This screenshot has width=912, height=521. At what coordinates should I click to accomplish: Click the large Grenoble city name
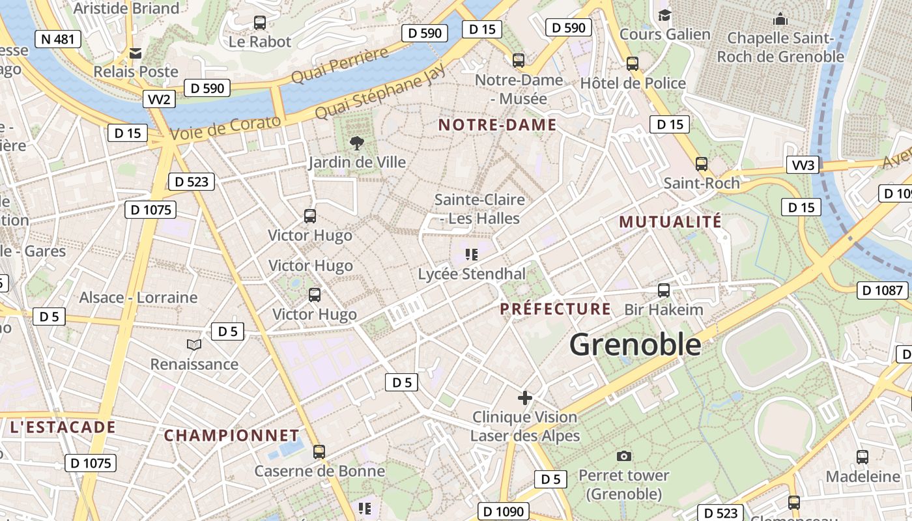[635, 345]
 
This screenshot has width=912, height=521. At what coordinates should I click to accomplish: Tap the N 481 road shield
[57, 39]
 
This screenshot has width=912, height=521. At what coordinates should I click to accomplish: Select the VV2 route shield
[160, 99]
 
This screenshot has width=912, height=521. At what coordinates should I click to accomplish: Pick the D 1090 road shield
[503, 512]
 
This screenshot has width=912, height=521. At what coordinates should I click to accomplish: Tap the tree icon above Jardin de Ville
[356, 143]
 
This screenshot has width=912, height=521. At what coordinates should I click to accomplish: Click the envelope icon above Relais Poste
[135, 53]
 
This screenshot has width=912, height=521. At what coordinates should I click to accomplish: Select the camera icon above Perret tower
[623, 456]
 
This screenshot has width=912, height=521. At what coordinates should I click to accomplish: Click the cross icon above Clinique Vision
[525, 397]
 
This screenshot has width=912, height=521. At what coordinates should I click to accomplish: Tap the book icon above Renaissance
[194, 345]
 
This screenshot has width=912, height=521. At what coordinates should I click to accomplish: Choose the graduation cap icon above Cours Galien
[664, 15]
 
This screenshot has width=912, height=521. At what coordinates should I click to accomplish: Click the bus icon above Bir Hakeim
[664, 290]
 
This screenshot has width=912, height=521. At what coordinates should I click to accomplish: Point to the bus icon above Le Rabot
[260, 23]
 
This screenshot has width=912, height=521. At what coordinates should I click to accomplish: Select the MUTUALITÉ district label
[670, 221]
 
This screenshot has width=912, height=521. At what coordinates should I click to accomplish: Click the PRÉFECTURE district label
[556, 309]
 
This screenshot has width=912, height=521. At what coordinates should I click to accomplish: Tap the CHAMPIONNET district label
[231, 435]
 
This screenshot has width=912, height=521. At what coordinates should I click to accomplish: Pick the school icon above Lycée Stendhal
[472, 255]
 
